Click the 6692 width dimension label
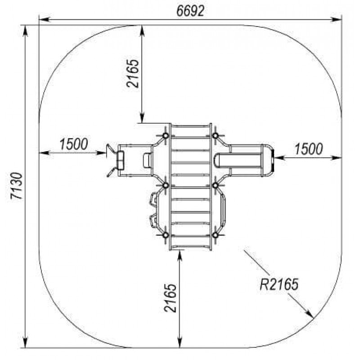coord(190,10)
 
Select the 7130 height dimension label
coord(17,186)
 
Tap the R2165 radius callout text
coord(279,284)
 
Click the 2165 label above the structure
coord(133,74)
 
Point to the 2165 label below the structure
coord(171,298)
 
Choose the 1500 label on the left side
coord(74,144)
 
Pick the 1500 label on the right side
coord(309,149)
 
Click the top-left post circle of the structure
coord(165,136)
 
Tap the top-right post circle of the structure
coord(215,136)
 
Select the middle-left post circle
coord(165,185)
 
